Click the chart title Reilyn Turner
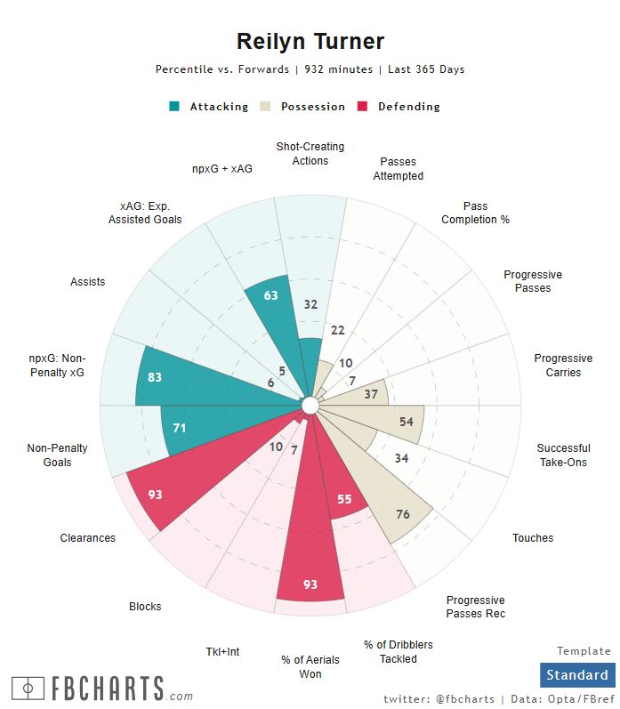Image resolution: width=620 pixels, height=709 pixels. (310, 41)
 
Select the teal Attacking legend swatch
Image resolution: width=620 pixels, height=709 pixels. (174, 107)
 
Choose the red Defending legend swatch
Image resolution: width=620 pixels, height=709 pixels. (362, 107)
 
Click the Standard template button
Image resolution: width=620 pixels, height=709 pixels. (577, 674)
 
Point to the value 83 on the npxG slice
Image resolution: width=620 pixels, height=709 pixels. (155, 377)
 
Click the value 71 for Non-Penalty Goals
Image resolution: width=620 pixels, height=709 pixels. (180, 428)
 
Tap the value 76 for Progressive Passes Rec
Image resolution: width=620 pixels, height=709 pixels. (403, 514)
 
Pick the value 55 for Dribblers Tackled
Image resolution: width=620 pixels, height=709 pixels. (344, 499)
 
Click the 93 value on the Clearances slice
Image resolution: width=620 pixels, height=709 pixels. (155, 495)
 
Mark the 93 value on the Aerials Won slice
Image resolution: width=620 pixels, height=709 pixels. (310, 584)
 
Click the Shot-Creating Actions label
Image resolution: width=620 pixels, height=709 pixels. (310, 153)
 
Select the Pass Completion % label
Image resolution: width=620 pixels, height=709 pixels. (475, 213)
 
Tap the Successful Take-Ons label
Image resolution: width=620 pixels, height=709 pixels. (563, 455)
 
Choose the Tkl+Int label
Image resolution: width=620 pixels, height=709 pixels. (222, 652)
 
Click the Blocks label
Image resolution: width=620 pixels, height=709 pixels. (145, 607)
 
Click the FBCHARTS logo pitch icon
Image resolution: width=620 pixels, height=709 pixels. (28, 688)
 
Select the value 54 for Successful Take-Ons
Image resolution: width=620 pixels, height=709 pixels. (407, 421)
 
